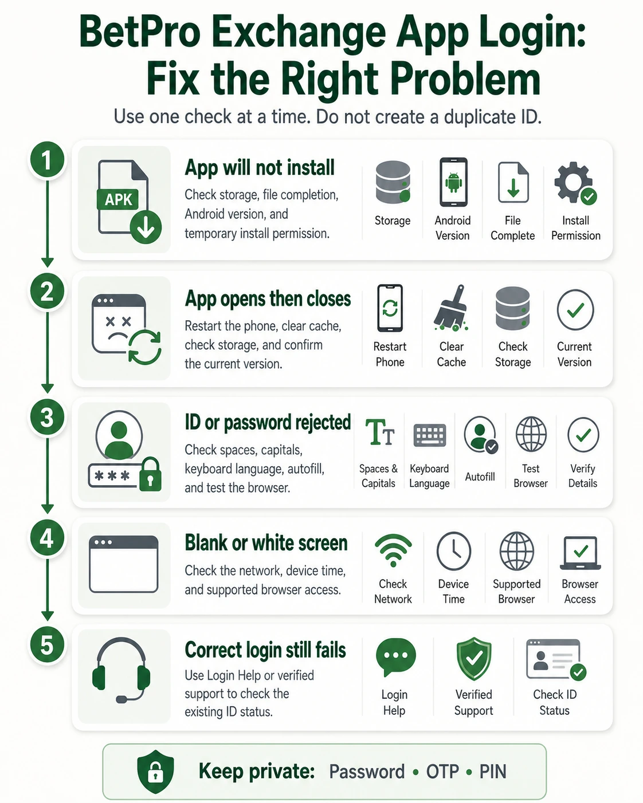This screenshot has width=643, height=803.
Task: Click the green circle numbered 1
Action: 47,160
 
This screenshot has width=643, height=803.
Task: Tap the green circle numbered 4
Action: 47,538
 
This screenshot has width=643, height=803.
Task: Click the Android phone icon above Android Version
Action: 453,182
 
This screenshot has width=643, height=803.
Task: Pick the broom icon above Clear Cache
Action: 450,308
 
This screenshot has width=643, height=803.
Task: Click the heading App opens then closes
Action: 268,299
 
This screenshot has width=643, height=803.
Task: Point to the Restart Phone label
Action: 390,354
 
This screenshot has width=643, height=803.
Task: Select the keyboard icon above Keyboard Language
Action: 430,435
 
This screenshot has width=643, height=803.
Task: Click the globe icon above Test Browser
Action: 531,434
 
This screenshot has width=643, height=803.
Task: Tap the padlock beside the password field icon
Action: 150,474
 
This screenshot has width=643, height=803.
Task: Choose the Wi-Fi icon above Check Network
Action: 393,550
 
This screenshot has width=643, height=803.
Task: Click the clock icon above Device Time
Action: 454,551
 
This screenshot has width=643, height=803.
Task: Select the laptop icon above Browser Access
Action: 581,553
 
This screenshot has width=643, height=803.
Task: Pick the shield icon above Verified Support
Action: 474,659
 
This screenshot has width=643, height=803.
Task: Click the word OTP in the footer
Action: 442,771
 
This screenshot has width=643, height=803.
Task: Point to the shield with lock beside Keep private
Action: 155,771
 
